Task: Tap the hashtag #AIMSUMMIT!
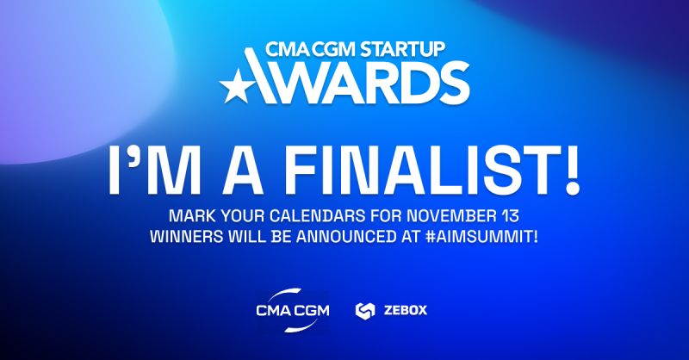[484, 234]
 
